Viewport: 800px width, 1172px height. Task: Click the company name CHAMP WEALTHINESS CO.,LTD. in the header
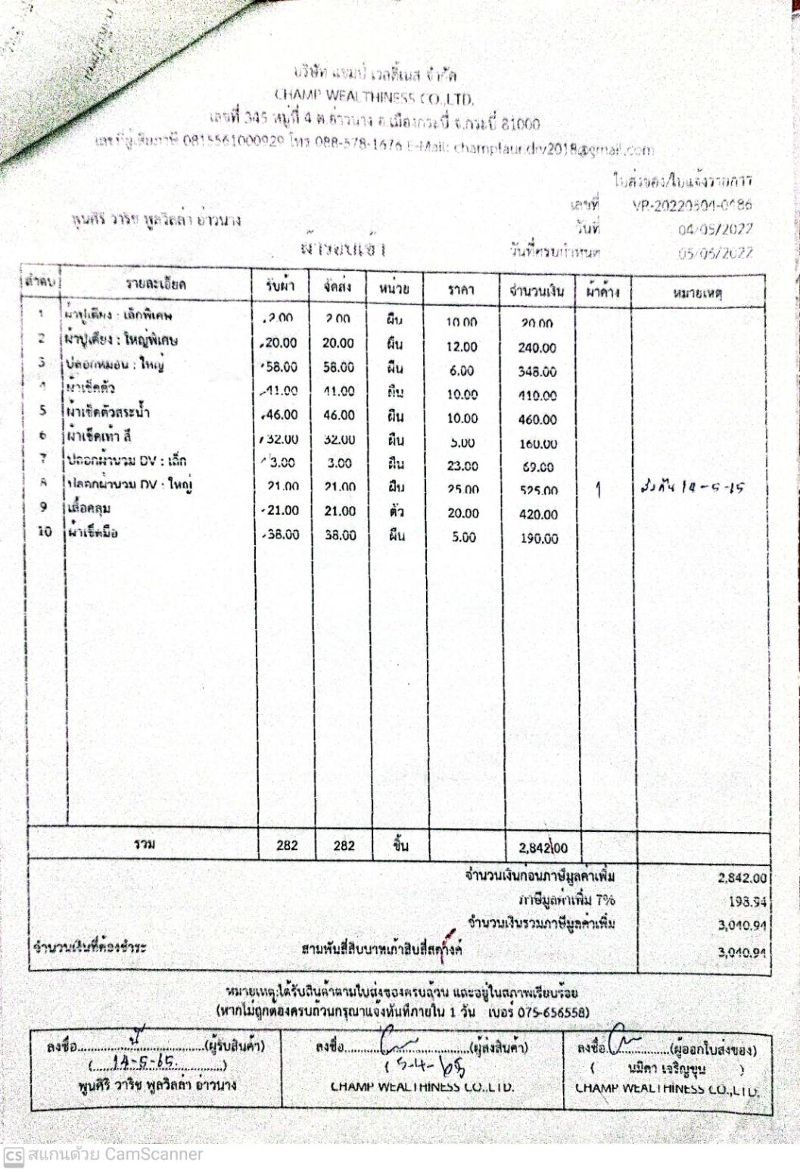[x=374, y=98]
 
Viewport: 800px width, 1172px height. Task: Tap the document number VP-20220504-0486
[x=692, y=205]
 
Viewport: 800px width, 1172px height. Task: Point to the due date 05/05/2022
[x=715, y=253]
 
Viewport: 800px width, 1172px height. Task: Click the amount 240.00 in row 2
[x=537, y=348]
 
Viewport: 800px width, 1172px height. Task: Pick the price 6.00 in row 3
[x=462, y=371]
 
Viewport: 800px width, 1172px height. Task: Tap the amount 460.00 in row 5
[x=537, y=419]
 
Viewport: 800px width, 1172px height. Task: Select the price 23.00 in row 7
[x=462, y=466]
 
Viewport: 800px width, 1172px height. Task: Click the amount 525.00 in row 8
[x=538, y=491]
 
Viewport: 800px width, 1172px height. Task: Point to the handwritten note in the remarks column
[x=691, y=488]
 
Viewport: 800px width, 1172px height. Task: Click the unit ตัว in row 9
[x=396, y=512]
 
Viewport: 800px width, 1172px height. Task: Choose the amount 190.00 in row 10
[x=538, y=538]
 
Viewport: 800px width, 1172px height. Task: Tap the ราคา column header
[x=461, y=290]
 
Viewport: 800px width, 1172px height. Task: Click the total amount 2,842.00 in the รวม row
[x=543, y=848]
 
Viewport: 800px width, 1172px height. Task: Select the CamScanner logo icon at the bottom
[x=13, y=1155]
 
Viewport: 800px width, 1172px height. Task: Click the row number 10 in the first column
[x=45, y=532]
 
